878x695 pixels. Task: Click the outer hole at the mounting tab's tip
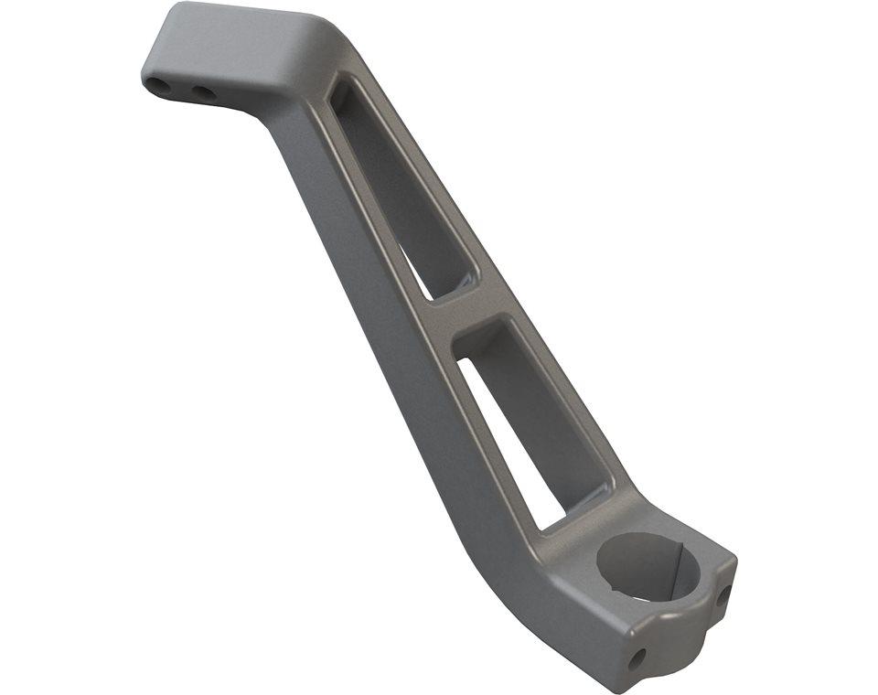coord(159,86)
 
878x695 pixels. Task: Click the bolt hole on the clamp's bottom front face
coord(638,656)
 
